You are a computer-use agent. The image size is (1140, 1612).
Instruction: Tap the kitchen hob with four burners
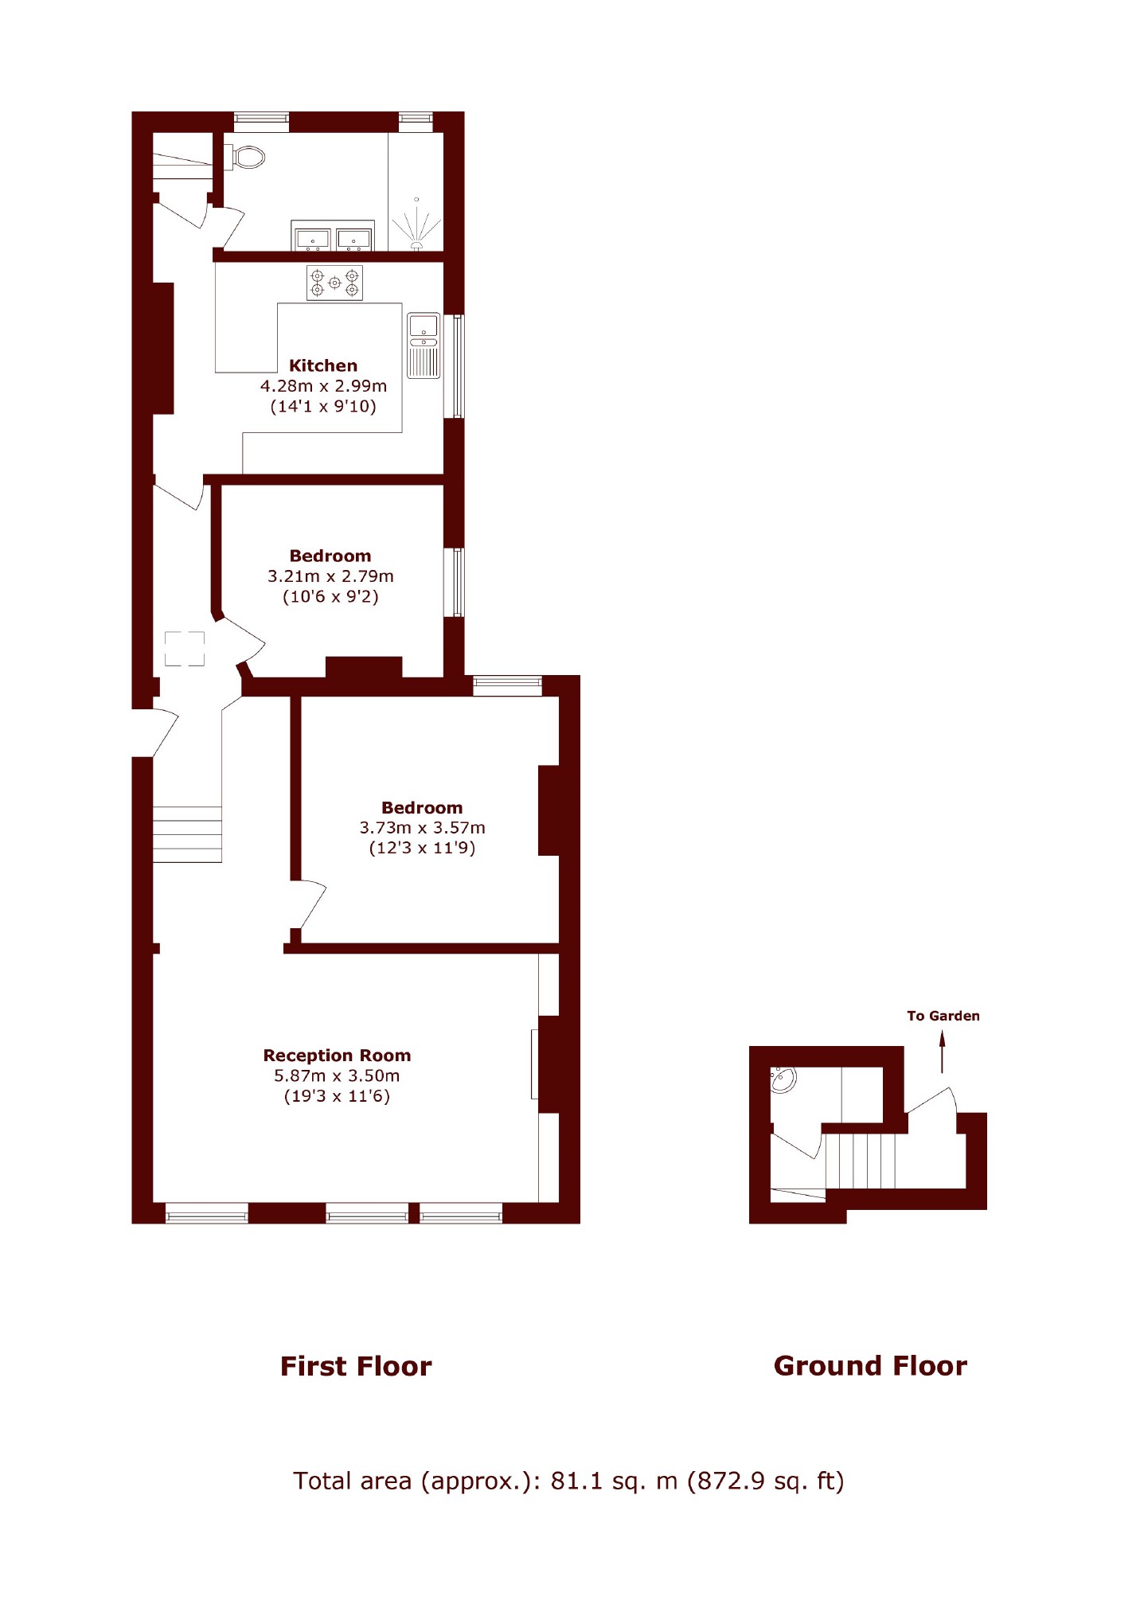click(334, 283)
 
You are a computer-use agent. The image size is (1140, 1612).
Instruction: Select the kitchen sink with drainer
click(424, 345)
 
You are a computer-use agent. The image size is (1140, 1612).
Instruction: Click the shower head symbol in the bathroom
click(416, 227)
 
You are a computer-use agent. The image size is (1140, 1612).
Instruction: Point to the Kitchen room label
click(323, 365)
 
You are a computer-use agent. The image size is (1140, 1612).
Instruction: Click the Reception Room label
click(337, 1055)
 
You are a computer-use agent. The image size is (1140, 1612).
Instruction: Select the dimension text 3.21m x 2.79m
click(330, 576)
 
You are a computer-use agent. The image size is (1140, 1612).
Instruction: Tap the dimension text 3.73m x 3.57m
click(422, 827)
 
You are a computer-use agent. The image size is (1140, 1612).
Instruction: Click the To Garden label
click(943, 1016)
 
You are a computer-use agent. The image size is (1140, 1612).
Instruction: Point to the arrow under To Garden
click(943, 1052)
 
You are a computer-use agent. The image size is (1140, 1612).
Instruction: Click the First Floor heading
click(356, 1366)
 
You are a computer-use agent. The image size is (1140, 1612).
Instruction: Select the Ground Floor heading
click(870, 1366)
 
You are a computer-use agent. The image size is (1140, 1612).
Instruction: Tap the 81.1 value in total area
click(576, 1481)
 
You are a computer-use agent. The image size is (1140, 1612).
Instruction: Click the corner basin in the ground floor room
click(783, 1080)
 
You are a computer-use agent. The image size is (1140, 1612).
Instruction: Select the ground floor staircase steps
click(860, 1161)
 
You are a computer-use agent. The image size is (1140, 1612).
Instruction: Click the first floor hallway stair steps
click(187, 834)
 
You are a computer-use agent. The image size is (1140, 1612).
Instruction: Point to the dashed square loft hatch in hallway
click(185, 649)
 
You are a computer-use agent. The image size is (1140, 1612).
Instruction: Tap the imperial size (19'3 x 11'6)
click(337, 1096)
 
